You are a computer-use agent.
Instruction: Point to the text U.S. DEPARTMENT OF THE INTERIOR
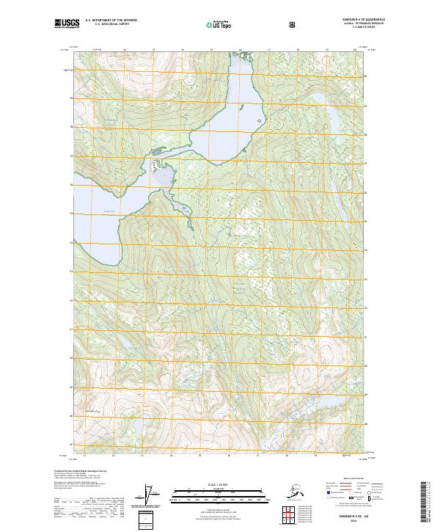coord(111,21)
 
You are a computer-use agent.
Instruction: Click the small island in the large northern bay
coord(260,123)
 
